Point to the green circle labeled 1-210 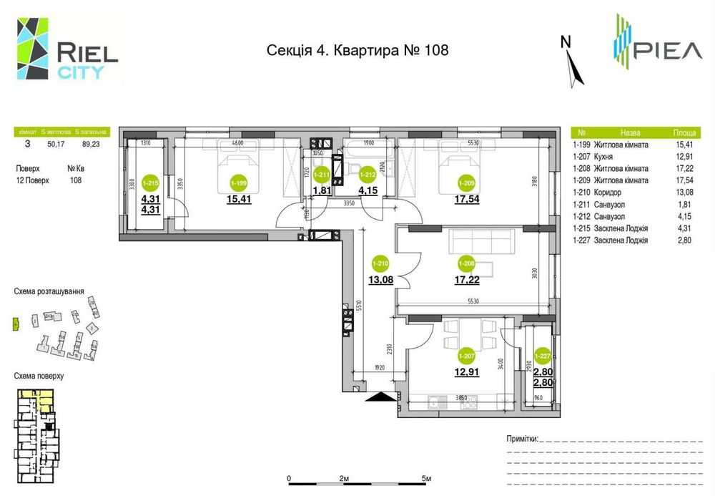point(380,263)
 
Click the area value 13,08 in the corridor point(380,280)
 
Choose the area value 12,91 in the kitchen point(466,371)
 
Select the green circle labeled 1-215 point(150,183)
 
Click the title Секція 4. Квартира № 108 point(357,50)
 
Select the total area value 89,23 point(91,143)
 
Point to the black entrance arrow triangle point(380,396)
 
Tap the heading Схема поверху point(39,375)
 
